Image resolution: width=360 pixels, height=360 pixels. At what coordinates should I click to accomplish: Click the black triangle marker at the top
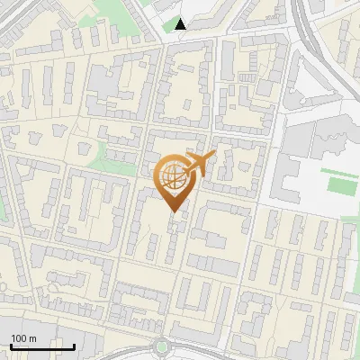(181, 24)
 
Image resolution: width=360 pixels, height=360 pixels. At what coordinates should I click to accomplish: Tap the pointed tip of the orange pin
(173, 211)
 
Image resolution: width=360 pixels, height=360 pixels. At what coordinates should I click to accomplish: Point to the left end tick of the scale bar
(10, 345)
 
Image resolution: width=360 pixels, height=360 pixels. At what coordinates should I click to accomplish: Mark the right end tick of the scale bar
(74, 345)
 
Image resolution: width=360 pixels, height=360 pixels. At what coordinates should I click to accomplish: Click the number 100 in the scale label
(19, 338)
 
